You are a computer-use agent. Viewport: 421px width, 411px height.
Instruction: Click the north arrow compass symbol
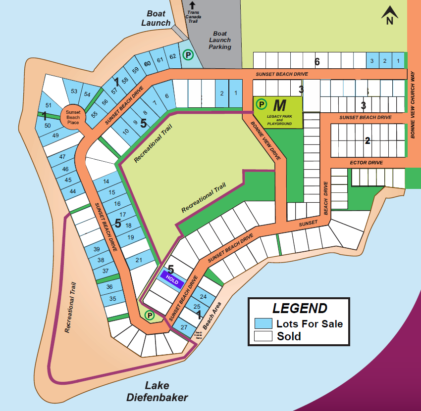coord(390,15)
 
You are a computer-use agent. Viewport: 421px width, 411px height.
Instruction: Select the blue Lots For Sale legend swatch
coord(263,324)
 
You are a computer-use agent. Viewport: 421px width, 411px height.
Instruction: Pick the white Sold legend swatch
coord(263,336)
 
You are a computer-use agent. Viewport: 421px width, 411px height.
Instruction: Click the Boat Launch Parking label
coord(220,40)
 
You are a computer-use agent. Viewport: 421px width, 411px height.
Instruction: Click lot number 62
coord(172,56)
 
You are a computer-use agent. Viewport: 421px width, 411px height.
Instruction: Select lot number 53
coord(74,91)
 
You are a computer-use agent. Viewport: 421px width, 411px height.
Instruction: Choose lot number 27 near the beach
coord(184,327)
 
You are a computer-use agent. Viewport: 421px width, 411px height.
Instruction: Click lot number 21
coord(139,260)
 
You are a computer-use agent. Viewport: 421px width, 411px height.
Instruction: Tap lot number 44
coord(73,191)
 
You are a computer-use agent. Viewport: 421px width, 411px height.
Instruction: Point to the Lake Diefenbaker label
coord(157,391)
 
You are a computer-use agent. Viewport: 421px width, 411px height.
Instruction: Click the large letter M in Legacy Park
coord(280,105)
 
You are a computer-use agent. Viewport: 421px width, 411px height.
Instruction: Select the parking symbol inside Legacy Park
coord(261,104)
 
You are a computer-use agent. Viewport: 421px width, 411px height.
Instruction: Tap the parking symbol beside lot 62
coord(188,55)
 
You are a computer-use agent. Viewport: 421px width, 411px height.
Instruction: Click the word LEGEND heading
coord(300,308)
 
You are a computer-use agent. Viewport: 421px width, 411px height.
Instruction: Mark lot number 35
coord(112,298)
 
